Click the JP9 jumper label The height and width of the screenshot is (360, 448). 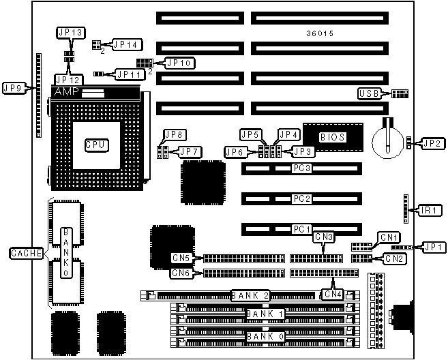pyautogui.click(x=14, y=87)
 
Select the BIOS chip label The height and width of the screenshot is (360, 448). pyautogui.click(x=332, y=137)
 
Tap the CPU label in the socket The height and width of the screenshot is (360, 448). pyautogui.click(x=96, y=145)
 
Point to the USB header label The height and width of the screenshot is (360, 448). pyautogui.click(x=370, y=93)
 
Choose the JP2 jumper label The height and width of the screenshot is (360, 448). pyautogui.click(x=431, y=143)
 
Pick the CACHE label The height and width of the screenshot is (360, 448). pyautogui.click(x=27, y=254)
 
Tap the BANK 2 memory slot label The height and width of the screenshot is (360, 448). pyautogui.click(x=251, y=295)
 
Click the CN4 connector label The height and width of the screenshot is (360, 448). pyautogui.click(x=332, y=295)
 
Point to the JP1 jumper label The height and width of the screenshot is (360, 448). pyautogui.click(x=434, y=247)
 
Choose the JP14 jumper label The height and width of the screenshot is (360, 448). pyautogui.click(x=125, y=45)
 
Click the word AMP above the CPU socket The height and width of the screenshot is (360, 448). pyautogui.click(x=66, y=91)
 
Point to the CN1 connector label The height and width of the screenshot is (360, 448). pyautogui.click(x=390, y=237)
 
